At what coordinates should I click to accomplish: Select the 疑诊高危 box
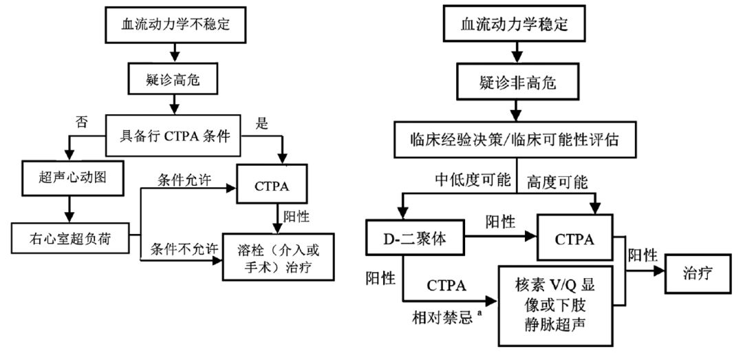coord(176,84)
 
